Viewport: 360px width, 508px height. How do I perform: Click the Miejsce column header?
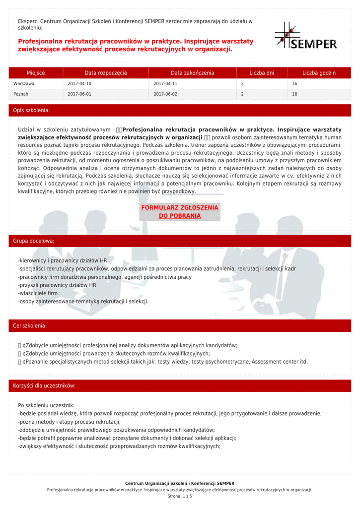pos(36,73)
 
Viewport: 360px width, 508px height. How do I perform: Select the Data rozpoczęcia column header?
pos(106,73)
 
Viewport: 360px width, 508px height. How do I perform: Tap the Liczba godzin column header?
pos(319,73)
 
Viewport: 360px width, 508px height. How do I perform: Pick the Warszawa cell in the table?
pos(24,84)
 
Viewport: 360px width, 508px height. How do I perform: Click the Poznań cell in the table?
pos(21,94)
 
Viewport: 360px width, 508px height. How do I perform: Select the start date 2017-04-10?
pos(79,84)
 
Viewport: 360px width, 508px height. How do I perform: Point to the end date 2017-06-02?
pos(165,94)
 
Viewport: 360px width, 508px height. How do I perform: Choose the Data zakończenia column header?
pos(193,73)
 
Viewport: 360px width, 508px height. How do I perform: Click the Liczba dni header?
pos(262,73)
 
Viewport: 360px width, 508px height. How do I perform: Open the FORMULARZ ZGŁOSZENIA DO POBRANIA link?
pos(180,212)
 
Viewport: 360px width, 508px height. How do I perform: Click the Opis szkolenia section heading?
pos(31,110)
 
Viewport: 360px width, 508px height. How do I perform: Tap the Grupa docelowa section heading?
pos(34,241)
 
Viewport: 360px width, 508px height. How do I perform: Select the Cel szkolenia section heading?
pos(30,326)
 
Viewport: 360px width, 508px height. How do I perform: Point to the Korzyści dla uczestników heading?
pos(45,386)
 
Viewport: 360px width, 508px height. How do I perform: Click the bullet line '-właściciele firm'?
pos(38,293)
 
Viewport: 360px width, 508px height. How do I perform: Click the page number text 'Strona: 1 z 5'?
pos(180,496)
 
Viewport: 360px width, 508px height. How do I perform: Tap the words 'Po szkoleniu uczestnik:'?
pos(46,405)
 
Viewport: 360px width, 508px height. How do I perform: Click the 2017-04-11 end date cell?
pos(165,84)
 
